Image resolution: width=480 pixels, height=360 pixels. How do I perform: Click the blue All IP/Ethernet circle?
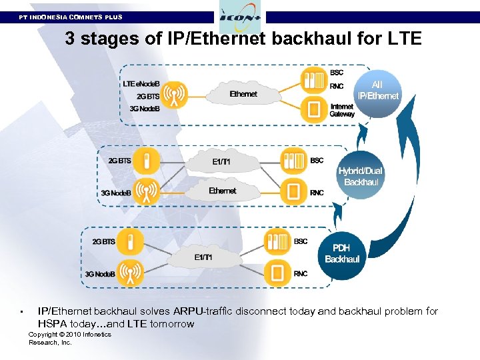(377, 91)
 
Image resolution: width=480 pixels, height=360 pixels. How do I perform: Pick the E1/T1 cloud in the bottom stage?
(203, 257)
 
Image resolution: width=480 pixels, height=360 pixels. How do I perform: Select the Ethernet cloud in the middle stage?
(222, 191)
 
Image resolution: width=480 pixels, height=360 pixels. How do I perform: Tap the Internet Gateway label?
(342, 110)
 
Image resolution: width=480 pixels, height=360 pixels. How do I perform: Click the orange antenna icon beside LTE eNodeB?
(174, 94)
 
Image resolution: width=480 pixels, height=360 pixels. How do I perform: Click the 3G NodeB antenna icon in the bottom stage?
(131, 273)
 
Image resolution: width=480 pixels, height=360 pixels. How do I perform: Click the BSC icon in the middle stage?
(293, 161)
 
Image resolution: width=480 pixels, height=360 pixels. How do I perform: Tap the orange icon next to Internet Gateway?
(313, 109)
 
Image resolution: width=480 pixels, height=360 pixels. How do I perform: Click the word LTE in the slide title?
(403, 39)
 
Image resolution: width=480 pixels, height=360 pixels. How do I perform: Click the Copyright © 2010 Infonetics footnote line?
(69, 335)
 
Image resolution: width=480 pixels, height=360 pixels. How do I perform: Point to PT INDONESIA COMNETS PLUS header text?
(71, 17)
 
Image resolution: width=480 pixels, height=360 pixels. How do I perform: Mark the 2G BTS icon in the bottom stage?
(131, 241)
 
